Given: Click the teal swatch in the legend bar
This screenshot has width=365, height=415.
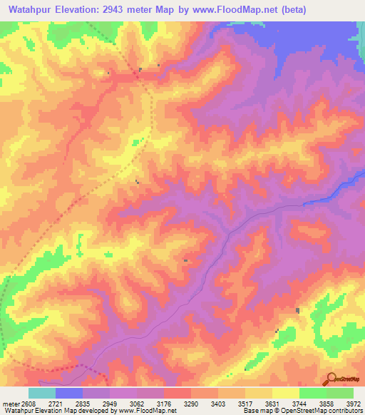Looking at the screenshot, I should coord(42,394).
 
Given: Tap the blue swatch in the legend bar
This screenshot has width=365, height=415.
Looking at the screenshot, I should coord(69,394).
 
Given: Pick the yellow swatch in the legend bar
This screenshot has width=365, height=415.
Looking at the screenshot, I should coord(286,394).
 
